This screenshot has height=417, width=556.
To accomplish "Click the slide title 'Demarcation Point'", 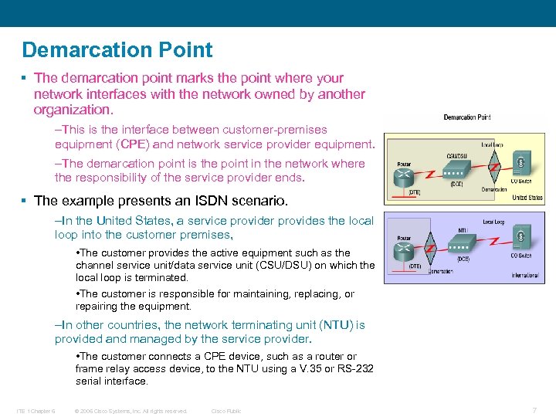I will [117, 50].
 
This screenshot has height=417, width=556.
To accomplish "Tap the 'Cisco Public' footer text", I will [226, 411].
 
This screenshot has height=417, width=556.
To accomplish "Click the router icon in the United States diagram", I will [403, 176].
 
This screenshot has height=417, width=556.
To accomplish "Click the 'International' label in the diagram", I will [525, 273].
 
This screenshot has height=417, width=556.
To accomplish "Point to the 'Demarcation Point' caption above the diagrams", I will [466, 117].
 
